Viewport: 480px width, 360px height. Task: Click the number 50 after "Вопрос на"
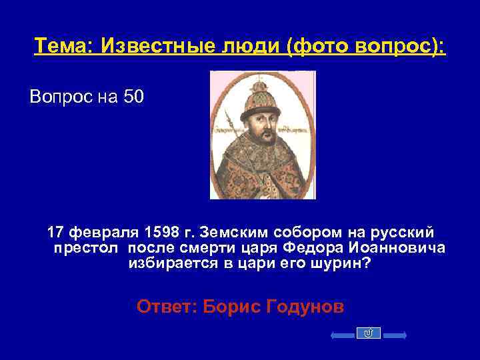tap(133, 97)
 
